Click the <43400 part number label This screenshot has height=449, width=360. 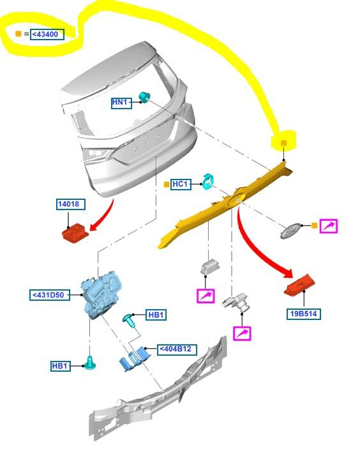coord(47,34)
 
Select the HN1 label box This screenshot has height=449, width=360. coord(122,103)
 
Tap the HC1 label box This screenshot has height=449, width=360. coord(181,184)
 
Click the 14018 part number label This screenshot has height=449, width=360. coord(71,204)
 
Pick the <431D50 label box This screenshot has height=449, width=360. coord(50,294)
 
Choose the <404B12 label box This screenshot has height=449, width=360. coord(177,349)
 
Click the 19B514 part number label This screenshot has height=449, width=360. coord(304,314)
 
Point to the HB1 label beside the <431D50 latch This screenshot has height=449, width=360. coord(61,366)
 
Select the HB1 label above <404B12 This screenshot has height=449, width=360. coord(156,315)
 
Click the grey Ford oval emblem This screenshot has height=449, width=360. coord(290,230)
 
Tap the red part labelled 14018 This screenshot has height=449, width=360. coord(75,232)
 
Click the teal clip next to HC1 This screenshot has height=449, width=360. coord(209,182)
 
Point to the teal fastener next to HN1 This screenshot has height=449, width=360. coord(145,97)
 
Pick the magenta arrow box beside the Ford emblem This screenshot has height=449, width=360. coord(329,226)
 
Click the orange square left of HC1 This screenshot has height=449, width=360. coord(166,185)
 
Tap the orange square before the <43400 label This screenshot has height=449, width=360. coord(19,34)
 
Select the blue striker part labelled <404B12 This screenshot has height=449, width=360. coord(135,358)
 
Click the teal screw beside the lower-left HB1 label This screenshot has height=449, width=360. coord(91,363)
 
